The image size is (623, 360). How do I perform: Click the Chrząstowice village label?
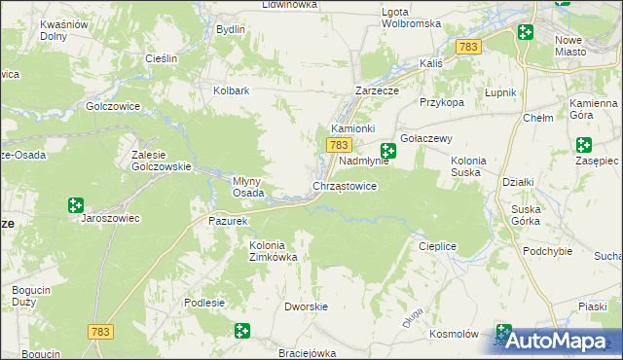[x=344, y=185]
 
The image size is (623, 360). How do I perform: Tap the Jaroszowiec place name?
[x=110, y=219]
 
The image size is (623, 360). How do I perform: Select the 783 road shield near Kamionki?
[x=337, y=145]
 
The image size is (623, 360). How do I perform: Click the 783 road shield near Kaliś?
[x=468, y=47]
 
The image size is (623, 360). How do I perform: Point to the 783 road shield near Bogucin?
[x=100, y=332]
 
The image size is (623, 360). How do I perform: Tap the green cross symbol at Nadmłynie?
[x=388, y=151]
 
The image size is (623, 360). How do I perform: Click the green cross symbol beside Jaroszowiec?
[x=75, y=205]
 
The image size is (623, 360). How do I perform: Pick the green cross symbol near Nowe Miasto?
[x=526, y=32]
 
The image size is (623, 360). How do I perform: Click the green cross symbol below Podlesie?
[x=241, y=331]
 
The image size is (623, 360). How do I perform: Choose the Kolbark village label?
[x=232, y=91]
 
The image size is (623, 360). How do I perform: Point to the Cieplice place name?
[x=437, y=247]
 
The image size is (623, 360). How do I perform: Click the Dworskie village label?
[x=304, y=306]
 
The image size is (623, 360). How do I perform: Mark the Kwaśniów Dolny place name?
[x=59, y=29]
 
